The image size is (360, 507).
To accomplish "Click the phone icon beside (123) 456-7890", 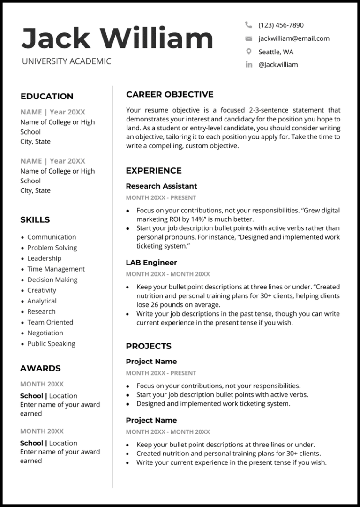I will click(248, 25).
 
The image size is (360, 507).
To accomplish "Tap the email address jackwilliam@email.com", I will click(293, 38).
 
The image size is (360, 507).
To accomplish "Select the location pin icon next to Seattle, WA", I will click(248, 52).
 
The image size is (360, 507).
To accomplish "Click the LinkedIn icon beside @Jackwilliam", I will click(248, 65).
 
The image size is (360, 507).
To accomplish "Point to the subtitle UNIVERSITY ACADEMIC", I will click(67, 61).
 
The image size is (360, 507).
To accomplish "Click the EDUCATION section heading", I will click(47, 97).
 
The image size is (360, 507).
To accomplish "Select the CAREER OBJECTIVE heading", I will click(170, 95).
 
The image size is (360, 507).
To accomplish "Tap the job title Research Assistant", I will click(161, 186).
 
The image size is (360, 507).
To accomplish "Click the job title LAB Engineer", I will click(151, 263).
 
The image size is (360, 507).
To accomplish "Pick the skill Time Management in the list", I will click(56, 269).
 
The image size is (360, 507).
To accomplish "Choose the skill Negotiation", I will click(45, 333).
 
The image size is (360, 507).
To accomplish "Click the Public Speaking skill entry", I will click(51, 344).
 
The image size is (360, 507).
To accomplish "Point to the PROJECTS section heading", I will click(149, 347).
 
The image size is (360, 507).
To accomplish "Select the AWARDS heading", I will click(40, 369).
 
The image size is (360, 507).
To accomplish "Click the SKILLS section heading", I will click(35, 220).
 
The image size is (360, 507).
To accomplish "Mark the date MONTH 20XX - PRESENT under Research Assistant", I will click(161, 198).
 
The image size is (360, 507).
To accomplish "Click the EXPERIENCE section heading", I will click(154, 171).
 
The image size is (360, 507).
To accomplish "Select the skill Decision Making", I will click(52, 280).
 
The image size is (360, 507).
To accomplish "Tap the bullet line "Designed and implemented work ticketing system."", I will click(213, 403).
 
